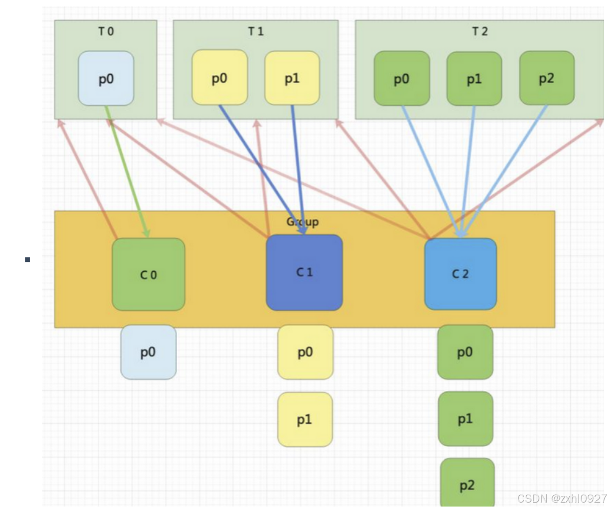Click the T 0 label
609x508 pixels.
pyautogui.click(x=106, y=31)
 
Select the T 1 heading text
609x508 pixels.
pyautogui.click(x=256, y=31)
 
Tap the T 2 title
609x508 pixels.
pyautogui.click(x=480, y=31)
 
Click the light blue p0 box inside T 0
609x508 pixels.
pyautogui.click(x=106, y=78)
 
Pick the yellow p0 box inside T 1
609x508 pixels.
pyautogui.click(x=219, y=77)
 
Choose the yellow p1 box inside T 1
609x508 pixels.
pyautogui.click(x=292, y=78)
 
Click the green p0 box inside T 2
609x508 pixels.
pyautogui.click(x=401, y=78)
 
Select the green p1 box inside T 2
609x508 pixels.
pyautogui.click(x=474, y=78)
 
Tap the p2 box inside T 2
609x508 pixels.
pyautogui.click(x=547, y=78)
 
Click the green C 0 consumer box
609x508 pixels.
pyautogui.click(x=148, y=275)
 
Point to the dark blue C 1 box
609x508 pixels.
pyautogui.click(x=304, y=273)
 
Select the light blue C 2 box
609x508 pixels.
pyautogui.click(x=460, y=274)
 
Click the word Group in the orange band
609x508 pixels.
pyautogui.click(x=302, y=222)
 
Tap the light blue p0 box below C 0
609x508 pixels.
pyautogui.click(x=148, y=352)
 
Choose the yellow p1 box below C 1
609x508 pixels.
pyautogui.click(x=305, y=419)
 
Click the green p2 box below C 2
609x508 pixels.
pyautogui.click(x=467, y=484)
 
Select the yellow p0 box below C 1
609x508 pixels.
pyautogui.click(x=305, y=352)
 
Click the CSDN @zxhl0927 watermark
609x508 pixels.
pyautogui.click(x=562, y=498)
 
